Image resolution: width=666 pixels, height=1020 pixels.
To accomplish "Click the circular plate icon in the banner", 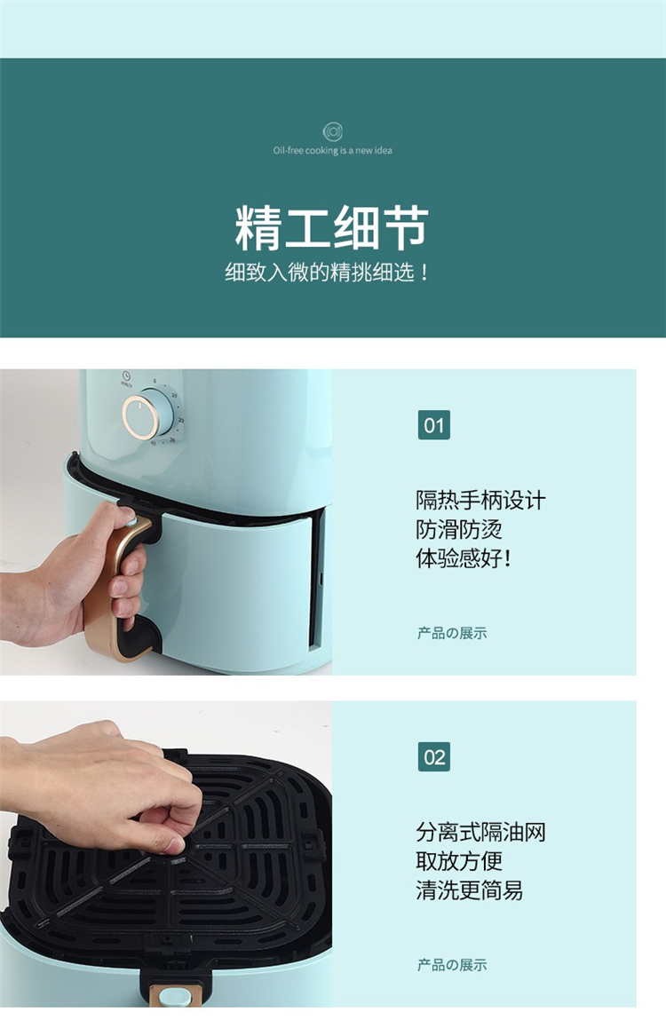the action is click(333, 132).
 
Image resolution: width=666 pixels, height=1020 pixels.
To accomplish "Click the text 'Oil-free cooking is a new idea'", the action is click(333, 150).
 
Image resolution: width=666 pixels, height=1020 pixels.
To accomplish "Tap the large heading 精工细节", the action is click(332, 227).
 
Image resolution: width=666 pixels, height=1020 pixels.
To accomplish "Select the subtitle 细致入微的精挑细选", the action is click(327, 272).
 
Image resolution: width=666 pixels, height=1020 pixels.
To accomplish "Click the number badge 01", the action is click(434, 425).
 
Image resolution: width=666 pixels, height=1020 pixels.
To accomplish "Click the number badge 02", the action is click(434, 757).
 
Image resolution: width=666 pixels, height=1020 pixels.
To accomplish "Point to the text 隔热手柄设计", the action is click(480, 501).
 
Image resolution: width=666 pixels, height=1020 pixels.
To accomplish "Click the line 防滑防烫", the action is click(459, 529).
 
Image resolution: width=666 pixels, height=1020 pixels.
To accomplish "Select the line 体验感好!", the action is click(464, 558).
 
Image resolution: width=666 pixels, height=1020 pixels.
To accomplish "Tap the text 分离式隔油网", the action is click(480, 832).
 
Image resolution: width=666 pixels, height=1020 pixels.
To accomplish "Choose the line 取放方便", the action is click(459, 860).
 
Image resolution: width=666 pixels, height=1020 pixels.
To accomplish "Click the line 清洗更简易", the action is click(470, 890).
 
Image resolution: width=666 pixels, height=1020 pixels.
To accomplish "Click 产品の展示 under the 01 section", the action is click(452, 633).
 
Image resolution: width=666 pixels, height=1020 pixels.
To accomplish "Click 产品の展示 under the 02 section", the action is click(452, 965).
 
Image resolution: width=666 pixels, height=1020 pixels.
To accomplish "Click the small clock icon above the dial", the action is click(126, 376).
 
